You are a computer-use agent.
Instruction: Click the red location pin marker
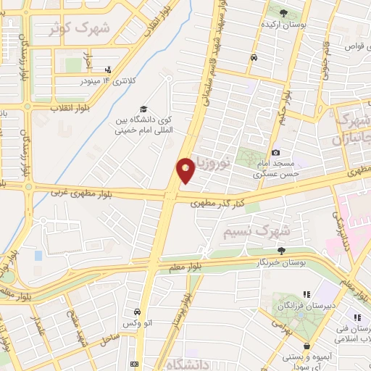click(x=185, y=170)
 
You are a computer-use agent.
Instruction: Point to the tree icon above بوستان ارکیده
click(x=283, y=13)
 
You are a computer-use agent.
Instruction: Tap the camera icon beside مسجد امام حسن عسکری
click(x=276, y=153)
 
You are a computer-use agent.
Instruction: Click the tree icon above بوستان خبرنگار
click(x=281, y=251)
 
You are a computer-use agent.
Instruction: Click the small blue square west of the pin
click(x=38, y=257)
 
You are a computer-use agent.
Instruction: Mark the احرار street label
click(x=89, y=53)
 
